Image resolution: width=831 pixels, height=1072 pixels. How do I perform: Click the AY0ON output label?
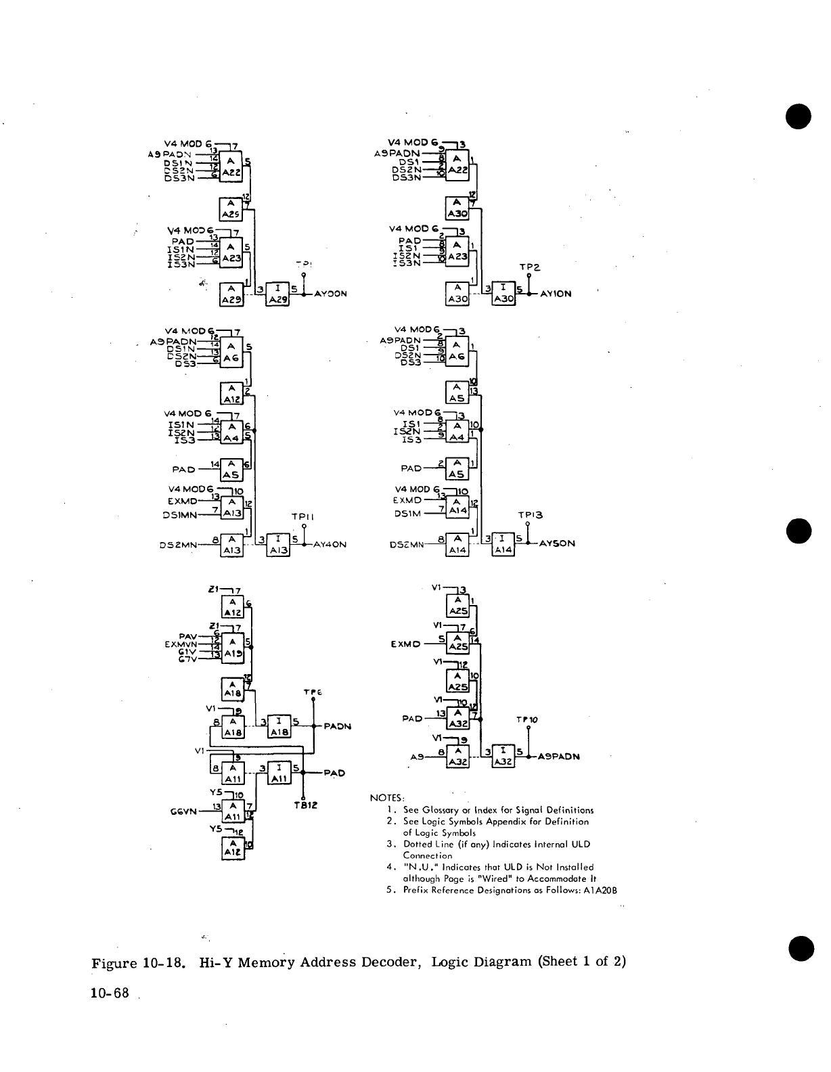331,294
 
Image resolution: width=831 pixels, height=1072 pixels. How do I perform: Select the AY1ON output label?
555,294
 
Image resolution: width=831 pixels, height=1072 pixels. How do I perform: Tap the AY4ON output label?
331,543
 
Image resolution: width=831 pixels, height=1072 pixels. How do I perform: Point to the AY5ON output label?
557,543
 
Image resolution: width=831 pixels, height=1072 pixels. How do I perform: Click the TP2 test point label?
528,267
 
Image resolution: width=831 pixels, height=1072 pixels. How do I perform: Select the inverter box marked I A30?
503,294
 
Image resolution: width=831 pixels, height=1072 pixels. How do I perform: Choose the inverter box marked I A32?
502,756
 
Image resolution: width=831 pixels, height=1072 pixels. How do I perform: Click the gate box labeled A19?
233,648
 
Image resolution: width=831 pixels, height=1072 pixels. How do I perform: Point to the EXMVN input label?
179,644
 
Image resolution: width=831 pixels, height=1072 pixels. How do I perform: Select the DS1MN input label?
180,516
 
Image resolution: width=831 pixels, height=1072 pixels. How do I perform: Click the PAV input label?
187,636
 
